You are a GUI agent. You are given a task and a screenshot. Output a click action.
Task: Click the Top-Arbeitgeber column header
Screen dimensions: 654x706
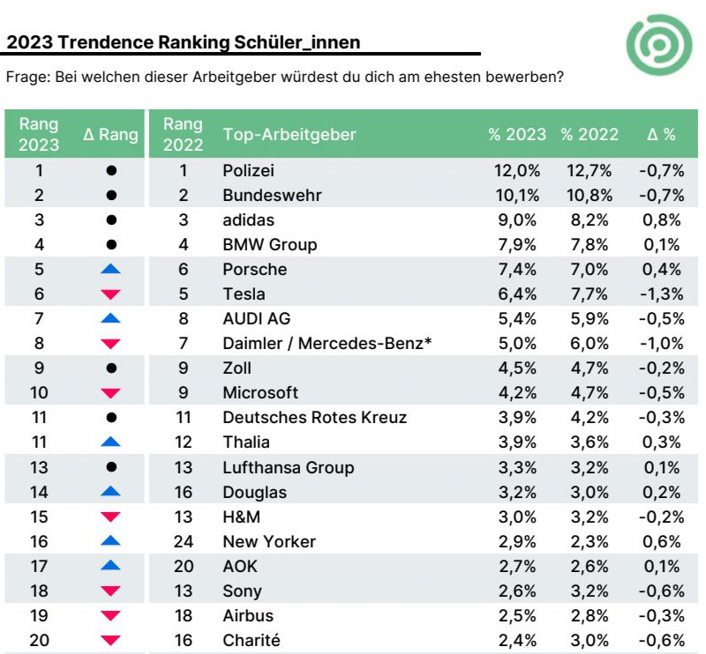click(289, 134)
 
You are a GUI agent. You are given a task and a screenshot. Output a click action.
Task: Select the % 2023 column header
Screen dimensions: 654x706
click(518, 134)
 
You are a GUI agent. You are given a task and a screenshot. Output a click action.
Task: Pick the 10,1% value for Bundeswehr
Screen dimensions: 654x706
click(516, 195)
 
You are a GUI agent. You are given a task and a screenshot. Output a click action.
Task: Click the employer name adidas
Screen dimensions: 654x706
click(248, 219)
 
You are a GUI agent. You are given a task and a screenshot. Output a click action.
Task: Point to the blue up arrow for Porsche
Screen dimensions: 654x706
click(111, 269)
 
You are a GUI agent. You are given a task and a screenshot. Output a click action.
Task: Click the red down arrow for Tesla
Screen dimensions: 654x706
click(111, 294)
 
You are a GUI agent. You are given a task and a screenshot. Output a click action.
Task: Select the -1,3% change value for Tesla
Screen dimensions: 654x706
click(661, 294)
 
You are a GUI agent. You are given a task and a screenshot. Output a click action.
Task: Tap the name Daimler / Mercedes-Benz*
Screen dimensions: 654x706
click(327, 343)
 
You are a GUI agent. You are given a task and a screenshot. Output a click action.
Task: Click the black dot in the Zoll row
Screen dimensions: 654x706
click(111, 368)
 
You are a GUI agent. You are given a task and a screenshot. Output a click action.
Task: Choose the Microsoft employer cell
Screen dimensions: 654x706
click(260, 392)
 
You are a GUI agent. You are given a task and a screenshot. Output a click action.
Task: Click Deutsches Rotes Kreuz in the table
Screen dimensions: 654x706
click(314, 417)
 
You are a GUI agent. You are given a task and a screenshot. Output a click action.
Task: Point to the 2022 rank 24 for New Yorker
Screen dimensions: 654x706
click(183, 541)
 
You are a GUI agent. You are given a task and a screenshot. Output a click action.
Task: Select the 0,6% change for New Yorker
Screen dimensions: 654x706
click(664, 541)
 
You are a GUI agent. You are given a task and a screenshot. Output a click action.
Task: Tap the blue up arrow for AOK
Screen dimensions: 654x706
click(111, 566)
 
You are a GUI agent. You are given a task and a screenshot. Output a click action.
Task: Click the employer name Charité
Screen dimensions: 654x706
click(252, 640)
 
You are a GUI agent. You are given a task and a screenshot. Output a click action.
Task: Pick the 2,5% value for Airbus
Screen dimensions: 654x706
click(516, 615)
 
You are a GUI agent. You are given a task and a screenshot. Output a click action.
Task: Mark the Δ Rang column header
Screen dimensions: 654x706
click(111, 134)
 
